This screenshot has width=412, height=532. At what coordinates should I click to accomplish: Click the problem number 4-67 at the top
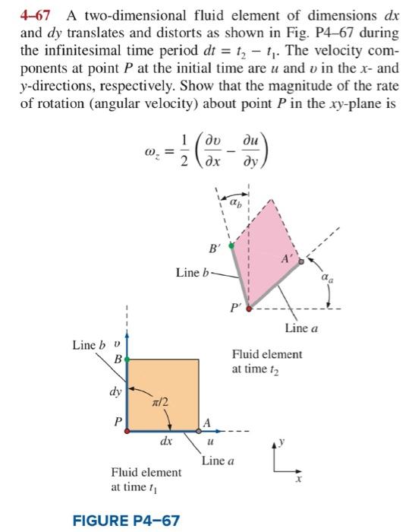coord(36,15)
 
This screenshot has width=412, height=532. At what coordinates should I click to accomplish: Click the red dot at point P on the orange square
coord(127,430)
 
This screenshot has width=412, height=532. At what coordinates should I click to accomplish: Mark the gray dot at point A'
coord(300,261)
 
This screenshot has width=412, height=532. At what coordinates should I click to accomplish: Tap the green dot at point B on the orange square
coord(127,357)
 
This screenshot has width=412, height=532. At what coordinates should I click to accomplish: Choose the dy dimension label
coord(115,394)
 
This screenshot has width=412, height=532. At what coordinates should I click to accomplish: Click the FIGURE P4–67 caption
coord(127,521)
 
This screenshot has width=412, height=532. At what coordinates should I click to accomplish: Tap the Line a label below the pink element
coord(301,328)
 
